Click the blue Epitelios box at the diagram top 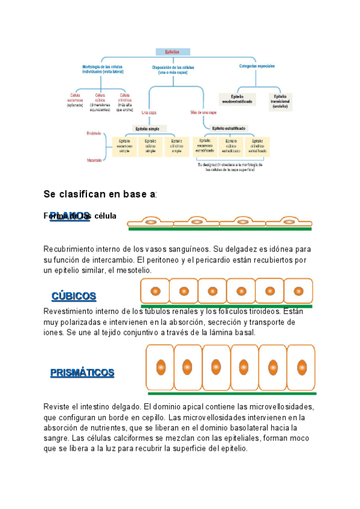(173, 52)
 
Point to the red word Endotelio (94, 133)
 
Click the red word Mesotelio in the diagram (94, 160)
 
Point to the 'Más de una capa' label (203, 112)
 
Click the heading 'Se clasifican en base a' (100, 194)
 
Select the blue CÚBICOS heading (74, 296)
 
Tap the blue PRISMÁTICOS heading (82, 373)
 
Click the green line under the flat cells (220, 229)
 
